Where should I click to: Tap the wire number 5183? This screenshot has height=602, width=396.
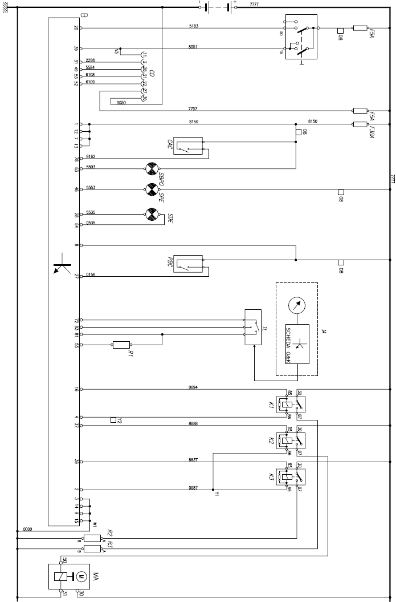click(193, 26)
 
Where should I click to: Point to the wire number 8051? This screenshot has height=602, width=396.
click(193, 47)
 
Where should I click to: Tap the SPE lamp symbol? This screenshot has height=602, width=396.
click(151, 188)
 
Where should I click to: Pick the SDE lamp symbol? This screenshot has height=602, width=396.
click(151, 215)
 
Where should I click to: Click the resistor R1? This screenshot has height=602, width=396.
click(121, 345)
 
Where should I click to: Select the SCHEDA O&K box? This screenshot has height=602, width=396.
click(297, 345)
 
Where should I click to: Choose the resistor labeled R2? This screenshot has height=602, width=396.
click(92, 538)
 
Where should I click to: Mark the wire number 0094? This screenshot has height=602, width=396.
click(193, 387)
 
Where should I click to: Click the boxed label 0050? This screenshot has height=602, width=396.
click(121, 103)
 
